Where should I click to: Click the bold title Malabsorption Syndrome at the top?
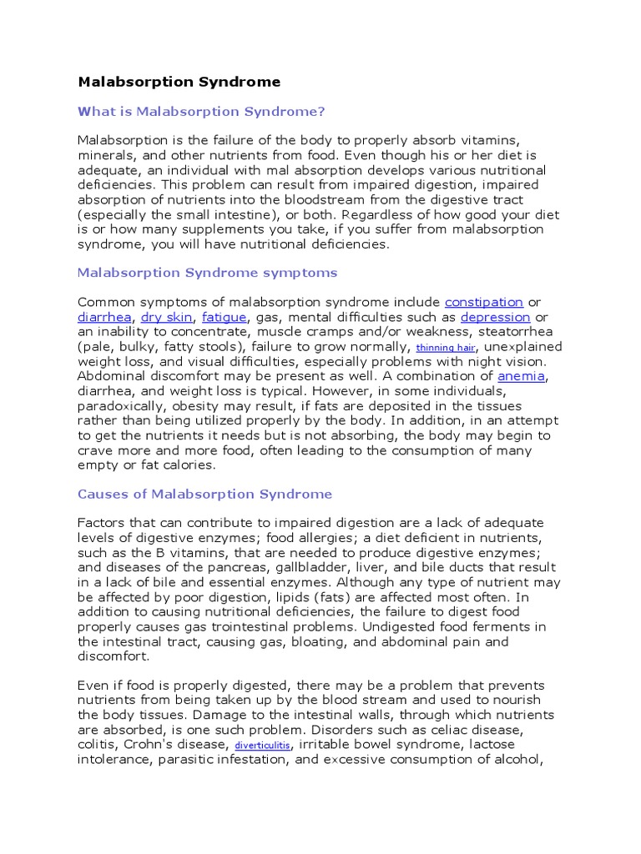point(179,82)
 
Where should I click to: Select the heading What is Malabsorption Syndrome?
point(201,111)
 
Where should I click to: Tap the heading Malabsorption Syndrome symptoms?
point(207,273)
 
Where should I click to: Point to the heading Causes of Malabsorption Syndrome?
point(204,494)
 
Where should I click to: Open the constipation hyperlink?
point(484,302)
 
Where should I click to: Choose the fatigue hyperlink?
point(223,317)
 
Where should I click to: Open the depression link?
point(495,317)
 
